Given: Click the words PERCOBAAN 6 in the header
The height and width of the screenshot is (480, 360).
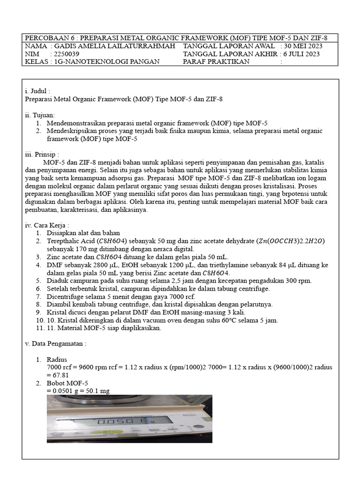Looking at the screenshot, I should click(46, 38).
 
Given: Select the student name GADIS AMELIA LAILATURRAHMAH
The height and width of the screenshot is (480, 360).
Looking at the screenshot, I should click(115, 46).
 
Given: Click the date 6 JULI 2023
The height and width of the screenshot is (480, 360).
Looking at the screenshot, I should click(301, 54).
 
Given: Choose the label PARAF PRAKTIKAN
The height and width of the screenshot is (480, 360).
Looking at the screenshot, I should click(216, 61).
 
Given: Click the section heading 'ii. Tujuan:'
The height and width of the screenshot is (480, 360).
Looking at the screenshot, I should click(39, 115).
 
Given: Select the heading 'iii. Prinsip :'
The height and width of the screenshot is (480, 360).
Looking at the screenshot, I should click(42, 154).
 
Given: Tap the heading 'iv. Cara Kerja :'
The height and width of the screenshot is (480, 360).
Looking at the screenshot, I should click(46, 225).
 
